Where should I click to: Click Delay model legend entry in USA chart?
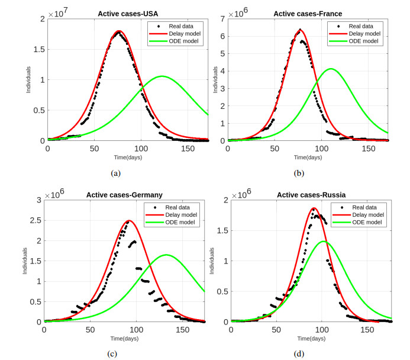(x=185, y=34)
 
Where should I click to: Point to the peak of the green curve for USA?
(x=162, y=76)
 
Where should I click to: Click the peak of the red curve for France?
(x=301, y=30)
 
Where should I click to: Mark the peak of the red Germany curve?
(x=129, y=221)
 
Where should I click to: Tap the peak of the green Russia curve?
(x=322, y=242)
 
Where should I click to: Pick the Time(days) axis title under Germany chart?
(x=124, y=337)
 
